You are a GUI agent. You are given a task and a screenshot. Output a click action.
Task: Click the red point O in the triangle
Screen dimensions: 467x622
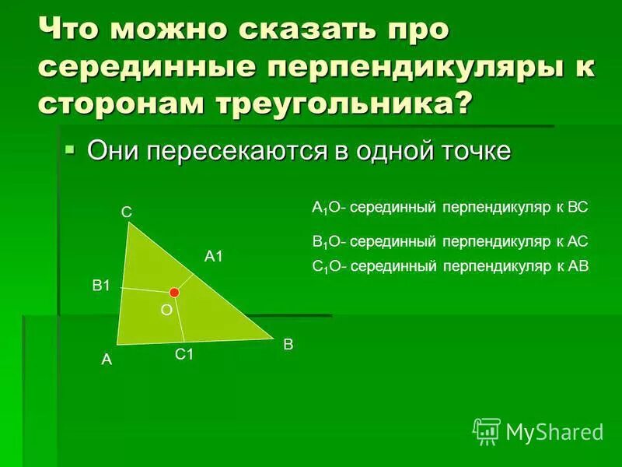point(174,292)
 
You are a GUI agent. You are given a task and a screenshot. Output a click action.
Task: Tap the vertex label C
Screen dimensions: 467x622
point(126,211)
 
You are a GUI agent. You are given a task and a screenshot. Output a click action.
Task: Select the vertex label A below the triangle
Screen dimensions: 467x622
point(107,360)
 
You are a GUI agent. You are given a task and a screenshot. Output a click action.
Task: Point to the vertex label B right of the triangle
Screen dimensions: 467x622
point(288,343)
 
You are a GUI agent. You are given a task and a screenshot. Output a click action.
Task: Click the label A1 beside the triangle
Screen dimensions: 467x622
point(214,255)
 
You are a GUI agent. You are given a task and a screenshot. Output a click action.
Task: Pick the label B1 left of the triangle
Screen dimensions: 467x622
point(102,286)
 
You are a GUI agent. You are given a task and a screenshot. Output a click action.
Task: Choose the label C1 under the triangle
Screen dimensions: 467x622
point(183,354)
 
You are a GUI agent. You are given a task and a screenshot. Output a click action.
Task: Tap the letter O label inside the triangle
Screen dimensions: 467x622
point(166,310)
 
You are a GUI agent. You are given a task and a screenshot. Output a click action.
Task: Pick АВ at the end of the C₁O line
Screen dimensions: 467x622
point(579,265)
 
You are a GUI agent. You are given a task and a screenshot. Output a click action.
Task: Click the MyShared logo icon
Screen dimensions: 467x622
point(486,430)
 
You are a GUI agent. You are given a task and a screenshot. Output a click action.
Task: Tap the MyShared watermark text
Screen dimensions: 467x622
point(554,431)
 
